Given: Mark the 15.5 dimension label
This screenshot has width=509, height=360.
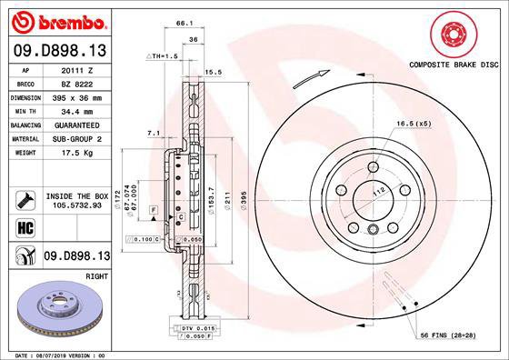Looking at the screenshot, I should [215, 71].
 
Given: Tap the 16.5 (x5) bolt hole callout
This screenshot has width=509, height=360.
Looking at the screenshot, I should [412, 122].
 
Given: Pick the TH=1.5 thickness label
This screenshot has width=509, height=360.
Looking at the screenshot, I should [162, 56].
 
